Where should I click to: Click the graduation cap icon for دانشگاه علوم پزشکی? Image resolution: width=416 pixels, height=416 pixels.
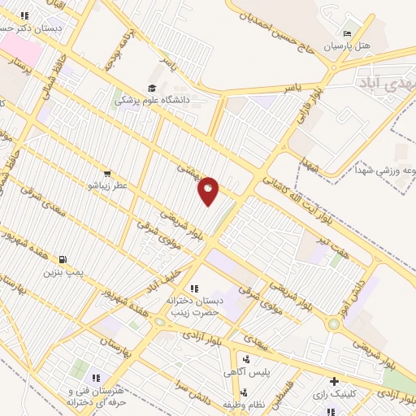tap(151, 89)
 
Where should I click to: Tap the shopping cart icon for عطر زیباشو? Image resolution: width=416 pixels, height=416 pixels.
tap(106, 174)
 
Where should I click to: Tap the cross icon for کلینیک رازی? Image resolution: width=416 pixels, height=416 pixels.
tap(333, 381)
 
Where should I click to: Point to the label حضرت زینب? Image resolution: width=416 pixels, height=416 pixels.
tap(200, 312)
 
